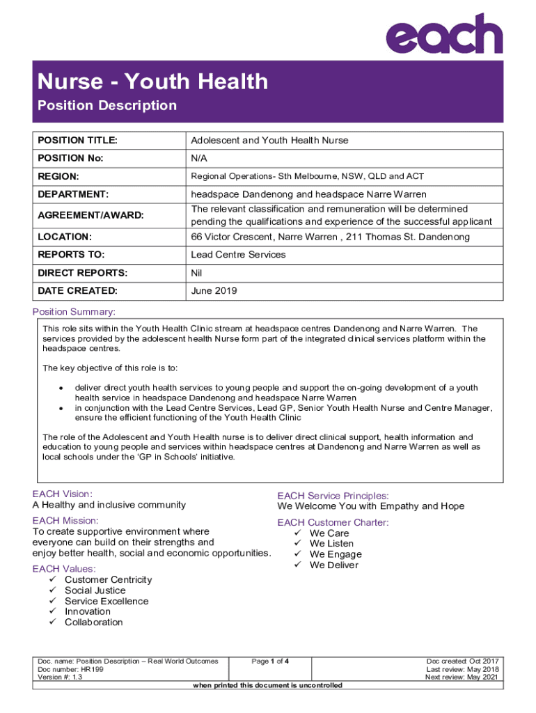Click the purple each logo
[445, 34]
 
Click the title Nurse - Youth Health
[152, 81]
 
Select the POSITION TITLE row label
[77, 141]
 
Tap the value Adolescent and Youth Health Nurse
[269, 141]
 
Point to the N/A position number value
[199, 158]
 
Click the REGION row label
[58, 176]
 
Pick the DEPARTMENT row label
[72, 194]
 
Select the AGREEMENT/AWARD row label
[90, 215]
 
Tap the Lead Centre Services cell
[238, 255]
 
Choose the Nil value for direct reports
[196, 273]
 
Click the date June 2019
[214, 291]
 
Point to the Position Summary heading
[74, 311]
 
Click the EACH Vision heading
[62, 494]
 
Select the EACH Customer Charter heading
[333, 522]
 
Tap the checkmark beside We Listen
[297, 544]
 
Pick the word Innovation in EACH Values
[88, 611]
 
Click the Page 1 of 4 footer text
[270, 661]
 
